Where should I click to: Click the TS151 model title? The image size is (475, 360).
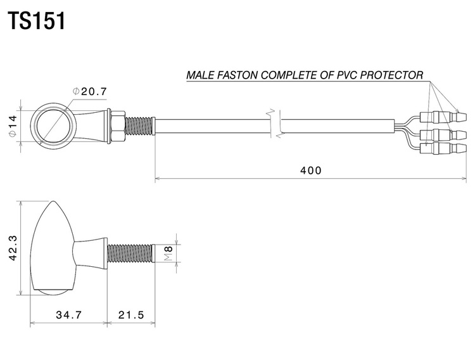(x=36, y=21)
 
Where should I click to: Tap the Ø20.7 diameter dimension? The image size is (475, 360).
(x=90, y=91)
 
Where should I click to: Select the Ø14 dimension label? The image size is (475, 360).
(x=13, y=126)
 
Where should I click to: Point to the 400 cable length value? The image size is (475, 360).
(x=310, y=170)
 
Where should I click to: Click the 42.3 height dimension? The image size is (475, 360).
(x=13, y=248)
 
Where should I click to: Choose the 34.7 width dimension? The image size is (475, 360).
(x=69, y=315)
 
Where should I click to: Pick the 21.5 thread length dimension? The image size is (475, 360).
(x=131, y=315)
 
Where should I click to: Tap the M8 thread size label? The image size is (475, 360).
(x=168, y=254)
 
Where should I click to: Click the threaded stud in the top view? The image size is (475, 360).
(x=140, y=126)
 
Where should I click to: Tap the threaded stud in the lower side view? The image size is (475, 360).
(x=132, y=254)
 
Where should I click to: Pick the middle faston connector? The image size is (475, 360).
(x=443, y=134)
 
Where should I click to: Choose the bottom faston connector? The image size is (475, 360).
(x=443, y=148)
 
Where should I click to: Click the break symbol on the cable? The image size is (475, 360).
(x=275, y=124)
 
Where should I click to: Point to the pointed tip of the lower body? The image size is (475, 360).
(x=53, y=202)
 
